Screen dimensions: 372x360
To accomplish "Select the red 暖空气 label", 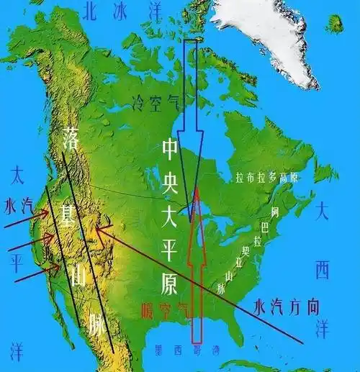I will coord(167,311).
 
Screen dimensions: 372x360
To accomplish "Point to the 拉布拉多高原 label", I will coord(267,178).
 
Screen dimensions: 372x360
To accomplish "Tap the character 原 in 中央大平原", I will coord(168,285).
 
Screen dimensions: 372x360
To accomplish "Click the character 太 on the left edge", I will coord(17,175).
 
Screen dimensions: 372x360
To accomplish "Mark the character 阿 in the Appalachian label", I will coord(274,212).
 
